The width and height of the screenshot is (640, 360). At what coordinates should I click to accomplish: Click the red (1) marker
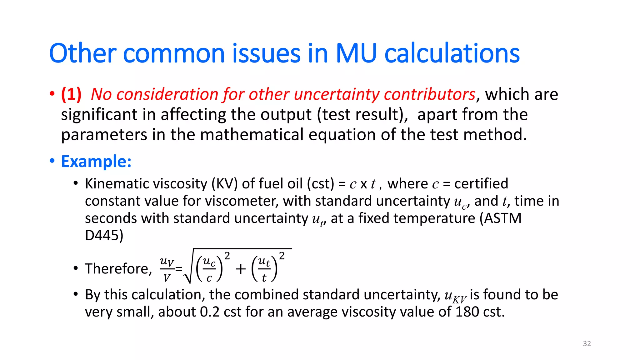click(71, 94)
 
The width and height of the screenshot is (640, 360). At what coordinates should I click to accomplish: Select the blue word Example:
click(96, 162)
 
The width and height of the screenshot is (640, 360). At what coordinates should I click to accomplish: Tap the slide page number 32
click(587, 343)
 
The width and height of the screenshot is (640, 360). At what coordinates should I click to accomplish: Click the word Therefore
click(118, 269)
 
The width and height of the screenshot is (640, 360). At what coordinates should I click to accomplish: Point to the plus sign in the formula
click(241, 269)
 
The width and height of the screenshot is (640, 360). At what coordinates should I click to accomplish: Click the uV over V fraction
click(167, 269)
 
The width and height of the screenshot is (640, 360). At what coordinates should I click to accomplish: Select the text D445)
click(104, 235)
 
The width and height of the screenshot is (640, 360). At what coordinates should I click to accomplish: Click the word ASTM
click(502, 218)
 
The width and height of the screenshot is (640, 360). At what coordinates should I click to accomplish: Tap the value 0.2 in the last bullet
click(210, 312)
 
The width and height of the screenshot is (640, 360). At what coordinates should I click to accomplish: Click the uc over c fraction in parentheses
click(209, 269)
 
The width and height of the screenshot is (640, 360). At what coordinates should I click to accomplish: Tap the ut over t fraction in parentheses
click(264, 269)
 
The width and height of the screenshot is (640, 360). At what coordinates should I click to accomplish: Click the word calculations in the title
click(452, 53)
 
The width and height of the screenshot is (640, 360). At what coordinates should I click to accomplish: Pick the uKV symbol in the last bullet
click(455, 296)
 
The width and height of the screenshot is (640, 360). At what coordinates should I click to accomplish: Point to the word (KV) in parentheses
click(225, 184)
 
